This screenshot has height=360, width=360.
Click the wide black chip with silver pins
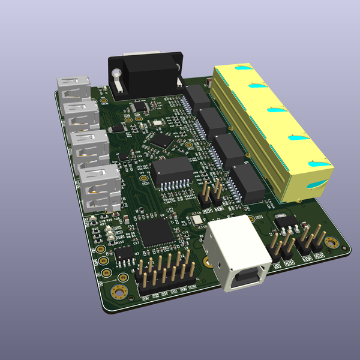(x=172, y=173)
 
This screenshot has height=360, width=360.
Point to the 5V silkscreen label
(x=277, y=265)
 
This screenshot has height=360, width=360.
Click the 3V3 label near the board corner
(x=308, y=259)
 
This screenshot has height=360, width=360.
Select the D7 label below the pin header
(x=182, y=290)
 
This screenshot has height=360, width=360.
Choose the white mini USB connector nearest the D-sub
(x=73, y=88)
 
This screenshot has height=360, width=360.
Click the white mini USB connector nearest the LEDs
(x=99, y=188)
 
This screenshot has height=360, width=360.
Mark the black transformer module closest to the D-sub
(x=196, y=97)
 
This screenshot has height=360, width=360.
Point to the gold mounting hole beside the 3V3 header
(x=331, y=244)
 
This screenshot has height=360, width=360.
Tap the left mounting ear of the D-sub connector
(x=116, y=76)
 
